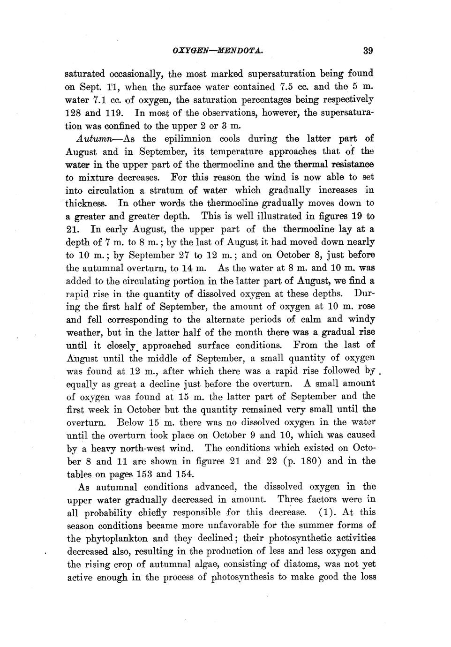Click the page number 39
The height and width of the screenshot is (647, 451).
(367, 51)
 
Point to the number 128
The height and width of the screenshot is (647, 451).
(74, 113)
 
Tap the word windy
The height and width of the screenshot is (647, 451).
(361, 319)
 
